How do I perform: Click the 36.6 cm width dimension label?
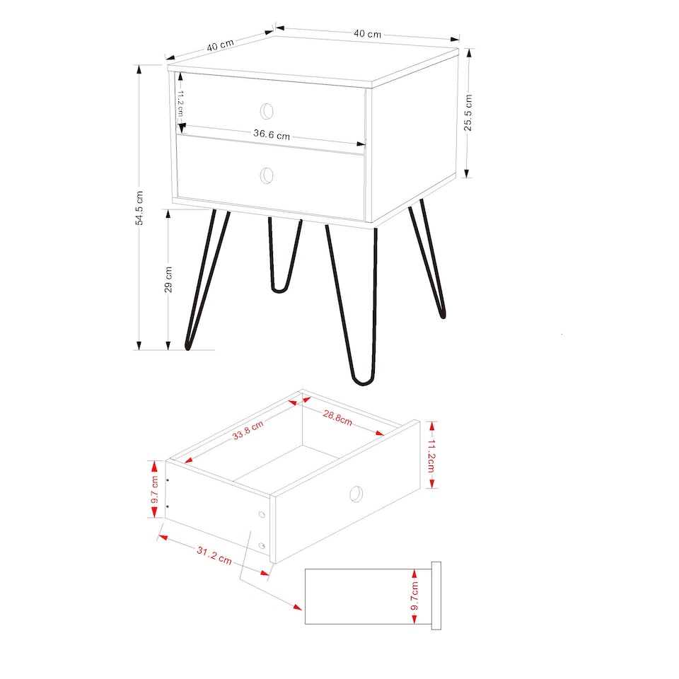tap(272, 135)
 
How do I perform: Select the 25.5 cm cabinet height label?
tap(468, 112)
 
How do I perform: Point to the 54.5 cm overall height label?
tap(140, 208)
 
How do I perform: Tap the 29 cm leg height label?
tap(168, 279)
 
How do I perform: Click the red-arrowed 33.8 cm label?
tap(248, 430)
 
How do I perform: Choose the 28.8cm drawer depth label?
tap(337, 418)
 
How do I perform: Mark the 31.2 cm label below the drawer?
tap(214, 555)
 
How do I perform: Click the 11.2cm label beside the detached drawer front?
tap(432, 455)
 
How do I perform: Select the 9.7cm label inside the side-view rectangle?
tap(415, 596)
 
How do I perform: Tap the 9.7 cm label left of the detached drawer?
tap(154, 489)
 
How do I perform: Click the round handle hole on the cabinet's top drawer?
tap(267, 110)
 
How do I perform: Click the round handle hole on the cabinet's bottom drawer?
tap(267, 175)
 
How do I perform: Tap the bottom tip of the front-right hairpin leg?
tap(364, 383)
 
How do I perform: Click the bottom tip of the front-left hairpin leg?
tap(189, 347)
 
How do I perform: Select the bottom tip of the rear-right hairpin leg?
tap(442, 315)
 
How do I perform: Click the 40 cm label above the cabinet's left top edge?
tap(220, 45)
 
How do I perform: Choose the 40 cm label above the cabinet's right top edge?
tap(367, 33)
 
